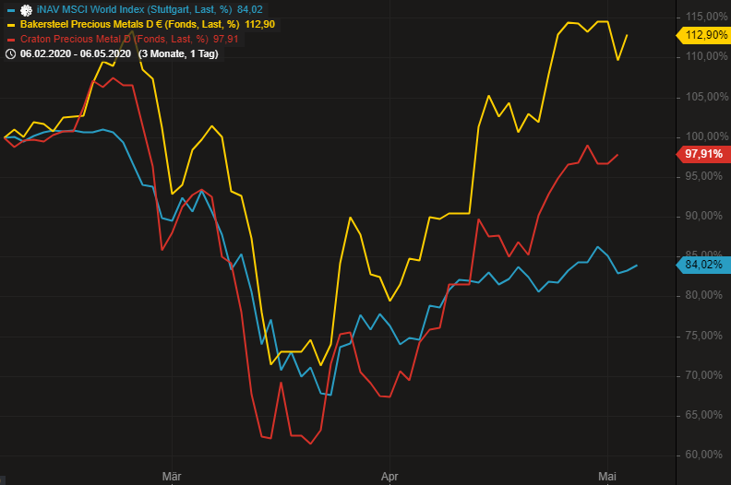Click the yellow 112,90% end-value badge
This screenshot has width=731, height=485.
(x=705, y=35)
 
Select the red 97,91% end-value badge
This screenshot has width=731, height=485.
(x=705, y=154)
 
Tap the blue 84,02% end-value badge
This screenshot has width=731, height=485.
(x=705, y=266)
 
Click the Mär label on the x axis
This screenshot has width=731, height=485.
(x=171, y=477)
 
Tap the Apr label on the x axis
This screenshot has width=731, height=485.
(x=389, y=477)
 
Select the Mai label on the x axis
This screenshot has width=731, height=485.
(x=606, y=477)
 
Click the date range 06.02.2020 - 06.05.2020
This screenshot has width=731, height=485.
(x=75, y=53)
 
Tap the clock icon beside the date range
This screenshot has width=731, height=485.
(x=11, y=53)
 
